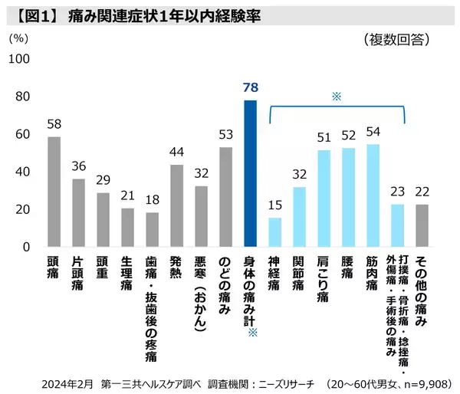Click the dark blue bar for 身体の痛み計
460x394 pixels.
pyautogui.click(x=250, y=173)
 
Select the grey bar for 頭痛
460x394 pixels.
pyautogui.click(x=54, y=192)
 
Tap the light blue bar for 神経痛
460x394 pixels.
pyautogui.click(x=274, y=232)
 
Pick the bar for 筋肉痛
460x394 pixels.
pyautogui.click(x=373, y=195)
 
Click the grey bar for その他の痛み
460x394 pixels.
pyautogui.click(x=422, y=225)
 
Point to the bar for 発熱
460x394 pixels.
pyautogui.click(x=176, y=205)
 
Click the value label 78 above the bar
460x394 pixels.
pyautogui.click(x=250, y=87)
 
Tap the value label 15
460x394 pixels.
pyautogui.click(x=274, y=205)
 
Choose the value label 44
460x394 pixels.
pyautogui.click(x=176, y=152)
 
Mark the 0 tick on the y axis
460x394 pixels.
pyautogui.click(x=25, y=248)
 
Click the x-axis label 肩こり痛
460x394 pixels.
pyautogui.click(x=324, y=281)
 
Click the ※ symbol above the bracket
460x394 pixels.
pyautogui.click(x=336, y=97)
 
